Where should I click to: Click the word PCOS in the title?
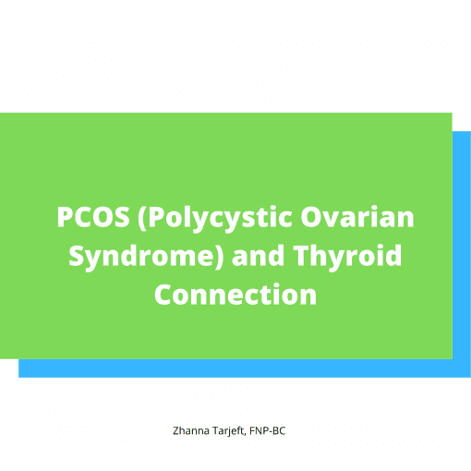[93, 217]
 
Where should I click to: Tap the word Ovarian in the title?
[357, 216]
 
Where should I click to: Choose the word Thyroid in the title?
[347, 257]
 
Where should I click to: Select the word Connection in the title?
[235, 295]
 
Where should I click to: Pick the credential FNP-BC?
[268, 430]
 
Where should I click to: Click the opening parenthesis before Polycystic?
[143, 218]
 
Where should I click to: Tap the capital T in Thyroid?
[302, 256]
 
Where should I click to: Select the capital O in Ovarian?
[311, 217]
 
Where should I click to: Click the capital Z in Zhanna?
[176, 430]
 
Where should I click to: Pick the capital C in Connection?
[163, 295]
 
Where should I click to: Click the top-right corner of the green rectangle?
[453, 113]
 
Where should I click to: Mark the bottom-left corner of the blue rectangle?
[18, 378]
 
